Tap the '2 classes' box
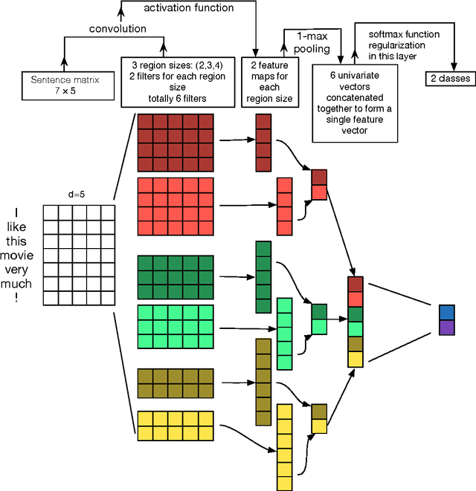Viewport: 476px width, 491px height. tap(450, 78)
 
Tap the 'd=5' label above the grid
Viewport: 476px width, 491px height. tap(78, 195)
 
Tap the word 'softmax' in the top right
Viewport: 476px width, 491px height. tap(388, 34)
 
